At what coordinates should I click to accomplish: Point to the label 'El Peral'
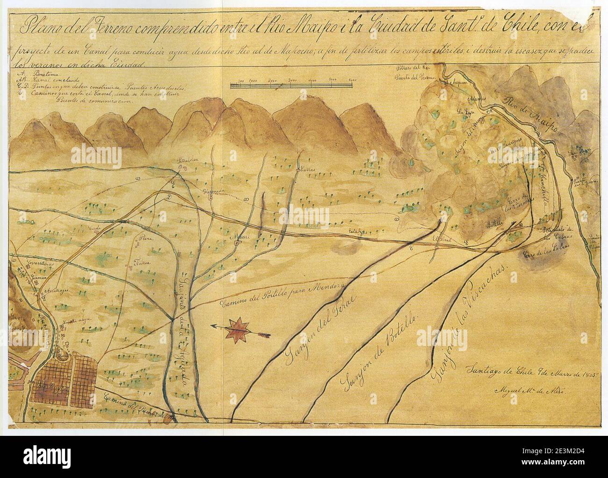tap(441, 238)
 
